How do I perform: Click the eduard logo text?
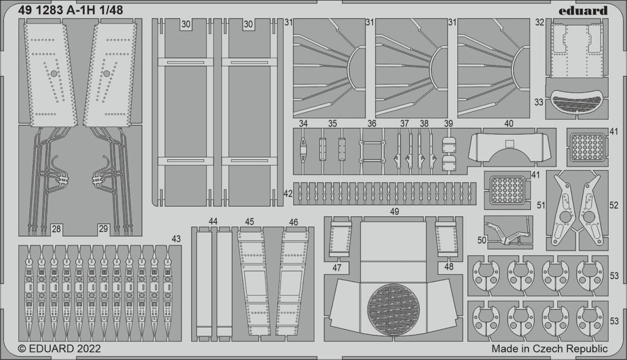pos(583,11)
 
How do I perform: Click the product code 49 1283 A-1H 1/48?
pos(70,10)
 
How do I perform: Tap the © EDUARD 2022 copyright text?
pos(59,348)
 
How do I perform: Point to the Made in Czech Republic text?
pos(549,348)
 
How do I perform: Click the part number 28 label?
pos(56,229)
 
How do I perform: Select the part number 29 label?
pos(103,229)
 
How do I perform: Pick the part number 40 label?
pos(509,124)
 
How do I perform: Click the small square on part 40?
pos(509,144)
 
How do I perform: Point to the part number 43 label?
pos(176,239)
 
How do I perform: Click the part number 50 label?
pos(482,239)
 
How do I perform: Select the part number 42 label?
pos(288,193)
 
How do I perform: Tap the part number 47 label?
pos(337,268)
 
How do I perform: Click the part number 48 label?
pos(449,266)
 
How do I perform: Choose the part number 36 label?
pos(372,124)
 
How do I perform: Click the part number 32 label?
pos(539,23)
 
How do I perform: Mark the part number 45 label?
pos(250,222)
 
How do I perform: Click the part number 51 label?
pos(541,205)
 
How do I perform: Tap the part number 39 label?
pos(448,124)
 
